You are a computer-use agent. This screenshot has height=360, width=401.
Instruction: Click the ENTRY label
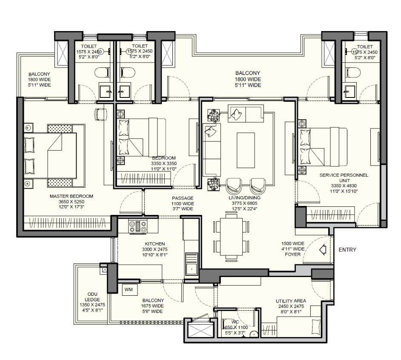point(347,250)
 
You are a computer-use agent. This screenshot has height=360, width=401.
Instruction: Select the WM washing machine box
point(128,289)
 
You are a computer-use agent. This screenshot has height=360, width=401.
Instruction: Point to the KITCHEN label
point(155,244)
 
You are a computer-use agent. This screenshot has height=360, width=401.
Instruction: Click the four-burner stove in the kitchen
point(138,226)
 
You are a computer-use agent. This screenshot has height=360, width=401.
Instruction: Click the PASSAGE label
point(183,198)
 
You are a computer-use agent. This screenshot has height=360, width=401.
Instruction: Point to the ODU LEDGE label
point(92,297)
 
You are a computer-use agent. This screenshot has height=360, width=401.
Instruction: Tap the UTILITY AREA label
point(291,301)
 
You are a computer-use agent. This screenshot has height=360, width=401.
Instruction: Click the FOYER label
point(293,254)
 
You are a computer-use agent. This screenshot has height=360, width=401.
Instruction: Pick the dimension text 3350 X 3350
point(163,163)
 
